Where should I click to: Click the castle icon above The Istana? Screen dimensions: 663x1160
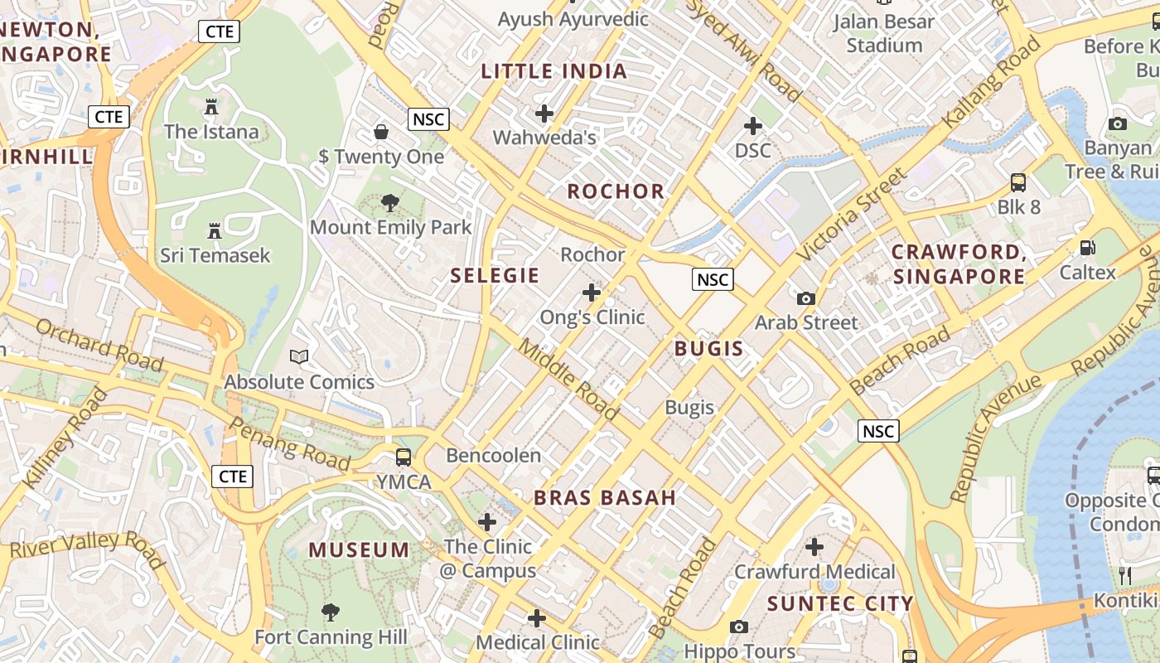211,106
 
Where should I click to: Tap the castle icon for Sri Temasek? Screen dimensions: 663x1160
215,230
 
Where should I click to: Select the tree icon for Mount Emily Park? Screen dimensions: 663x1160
389,203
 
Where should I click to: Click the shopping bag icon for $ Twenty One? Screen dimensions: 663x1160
381,131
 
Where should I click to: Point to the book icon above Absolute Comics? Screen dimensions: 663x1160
299,357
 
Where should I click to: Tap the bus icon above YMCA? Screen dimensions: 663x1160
404,457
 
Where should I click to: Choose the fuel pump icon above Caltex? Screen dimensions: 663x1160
1087,247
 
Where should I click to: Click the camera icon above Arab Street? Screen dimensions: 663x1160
805,298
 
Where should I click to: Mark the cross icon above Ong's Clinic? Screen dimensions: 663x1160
591,292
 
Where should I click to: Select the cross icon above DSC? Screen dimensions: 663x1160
752,126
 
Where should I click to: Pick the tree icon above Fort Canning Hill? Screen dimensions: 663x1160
331,612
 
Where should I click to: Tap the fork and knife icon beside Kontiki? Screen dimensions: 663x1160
1125,575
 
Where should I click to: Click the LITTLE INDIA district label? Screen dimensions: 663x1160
554,71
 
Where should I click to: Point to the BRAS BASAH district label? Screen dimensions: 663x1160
605,497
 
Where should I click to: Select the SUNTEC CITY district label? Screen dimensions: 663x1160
840,603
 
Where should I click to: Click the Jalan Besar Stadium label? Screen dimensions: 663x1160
883,33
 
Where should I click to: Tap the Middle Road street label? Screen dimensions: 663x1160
568,379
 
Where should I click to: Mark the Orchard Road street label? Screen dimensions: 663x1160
99,345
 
